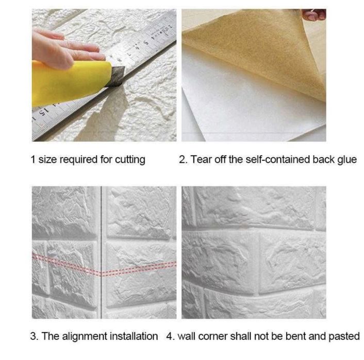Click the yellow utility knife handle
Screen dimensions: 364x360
[70, 82]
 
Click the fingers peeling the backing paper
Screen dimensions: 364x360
[314, 14]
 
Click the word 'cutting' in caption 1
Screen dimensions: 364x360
[130, 160]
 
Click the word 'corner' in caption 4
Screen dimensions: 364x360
[212, 337]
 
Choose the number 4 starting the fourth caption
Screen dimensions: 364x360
[170, 336]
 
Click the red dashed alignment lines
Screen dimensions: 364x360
[104, 266]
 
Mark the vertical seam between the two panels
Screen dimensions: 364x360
[102, 252]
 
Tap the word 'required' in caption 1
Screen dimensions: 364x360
[79, 160]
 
